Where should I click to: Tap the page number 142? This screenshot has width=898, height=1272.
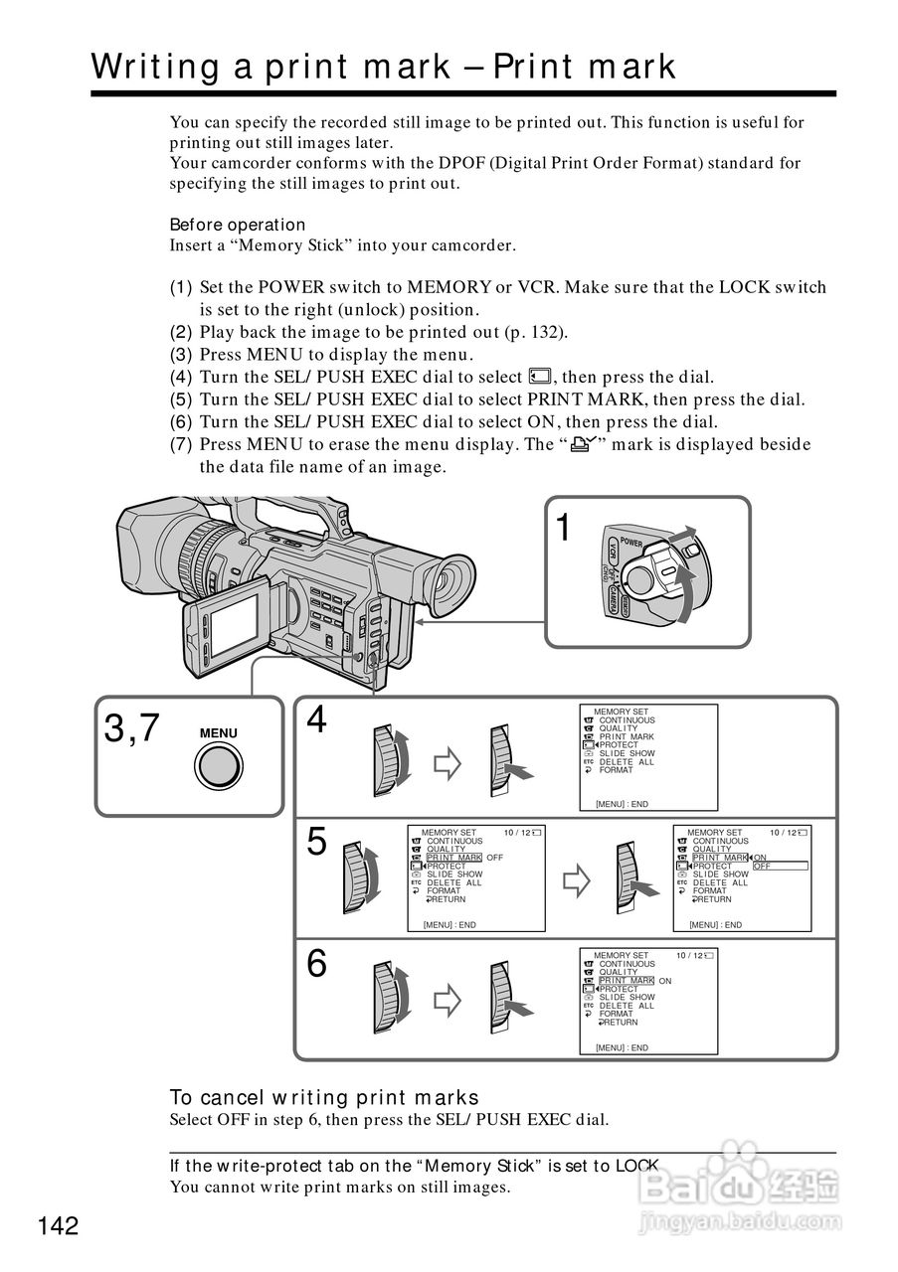(x=59, y=1226)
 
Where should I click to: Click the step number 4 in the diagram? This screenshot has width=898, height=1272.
(x=316, y=719)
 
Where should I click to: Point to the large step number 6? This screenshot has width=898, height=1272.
(x=316, y=963)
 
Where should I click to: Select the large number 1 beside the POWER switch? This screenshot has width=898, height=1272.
(x=564, y=528)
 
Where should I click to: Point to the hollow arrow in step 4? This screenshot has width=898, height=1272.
(x=449, y=763)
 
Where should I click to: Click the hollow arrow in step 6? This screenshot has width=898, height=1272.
(x=449, y=1001)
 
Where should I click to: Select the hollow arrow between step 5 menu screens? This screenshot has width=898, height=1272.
(x=577, y=879)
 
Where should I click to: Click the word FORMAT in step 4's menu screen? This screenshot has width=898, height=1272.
(x=616, y=770)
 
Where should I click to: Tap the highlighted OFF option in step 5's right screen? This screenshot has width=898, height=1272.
(x=763, y=866)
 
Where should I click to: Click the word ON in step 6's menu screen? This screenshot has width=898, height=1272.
(x=665, y=981)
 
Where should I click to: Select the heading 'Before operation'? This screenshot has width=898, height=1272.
(x=238, y=225)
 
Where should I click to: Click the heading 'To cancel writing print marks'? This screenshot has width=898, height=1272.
(x=324, y=1097)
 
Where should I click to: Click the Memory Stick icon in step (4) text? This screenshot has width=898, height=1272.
(x=540, y=377)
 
